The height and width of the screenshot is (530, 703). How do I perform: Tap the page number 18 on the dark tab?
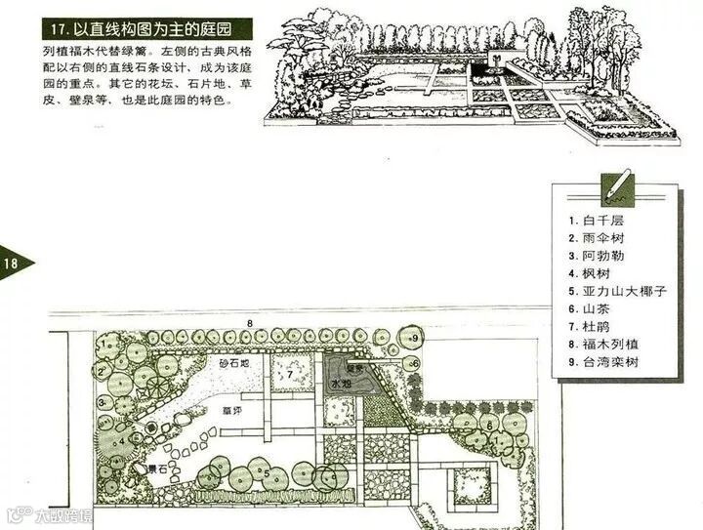(x=13, y=264)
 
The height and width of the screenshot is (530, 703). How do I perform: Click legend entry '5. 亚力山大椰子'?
(x=616, y=291)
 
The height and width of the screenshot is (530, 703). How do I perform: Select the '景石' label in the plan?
(x=155, y=470)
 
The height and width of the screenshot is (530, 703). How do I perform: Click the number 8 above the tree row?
(x=250, y=322)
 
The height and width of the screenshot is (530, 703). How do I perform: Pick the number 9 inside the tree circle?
(x=414, y=339)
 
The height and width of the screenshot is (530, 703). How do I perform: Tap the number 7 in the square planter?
(x=289, y=374)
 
